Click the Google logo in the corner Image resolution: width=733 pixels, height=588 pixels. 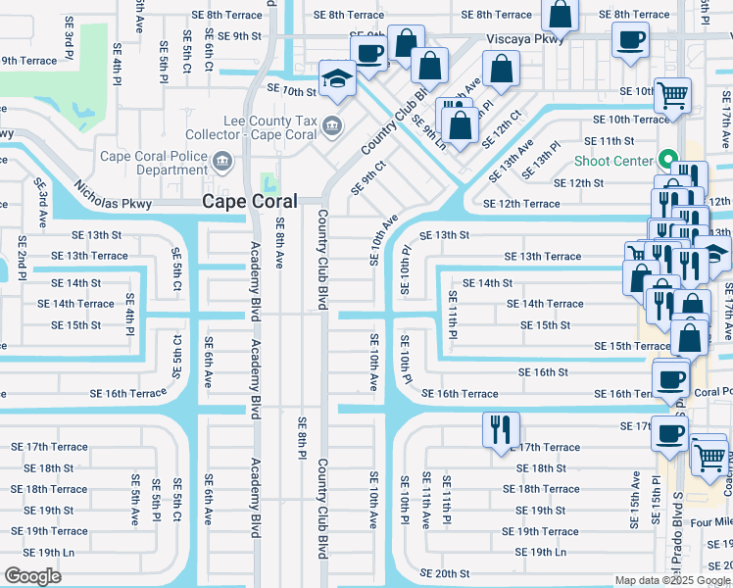(x=33, y=575)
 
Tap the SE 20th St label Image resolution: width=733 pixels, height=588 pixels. (x=445, y=573)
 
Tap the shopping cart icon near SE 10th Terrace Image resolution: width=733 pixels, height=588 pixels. (x=672, y=95)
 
